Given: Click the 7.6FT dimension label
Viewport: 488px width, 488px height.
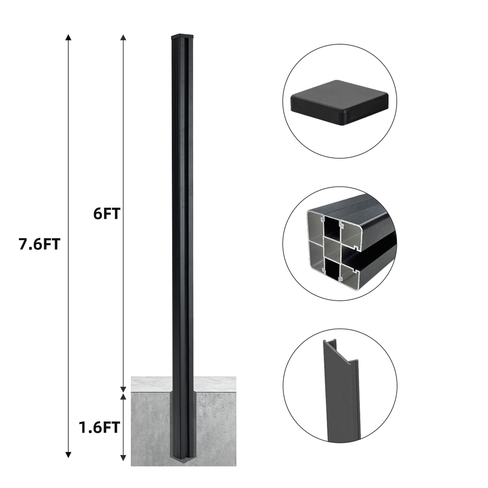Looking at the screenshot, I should pyautogui.click(x=39, y=244).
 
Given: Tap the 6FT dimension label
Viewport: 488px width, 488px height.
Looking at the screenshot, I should pyautogui.click(x=107, y=214).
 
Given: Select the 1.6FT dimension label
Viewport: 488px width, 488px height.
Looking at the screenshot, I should pyautogui.click(x=99, y=427).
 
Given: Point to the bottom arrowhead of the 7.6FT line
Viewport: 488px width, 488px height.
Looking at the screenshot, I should pyautogui.click(x=69, y=455).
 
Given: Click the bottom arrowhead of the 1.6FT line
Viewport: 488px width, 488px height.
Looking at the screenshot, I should pyautogui.click(x=123, y=457).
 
